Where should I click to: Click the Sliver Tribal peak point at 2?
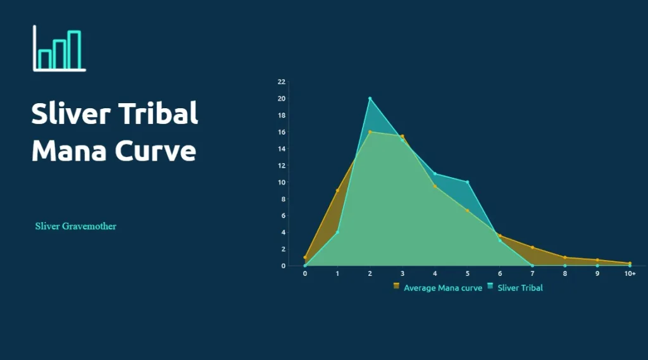(370, 98)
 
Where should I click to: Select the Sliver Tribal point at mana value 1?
(338, 232)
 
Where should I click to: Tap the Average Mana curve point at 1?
(338, 190)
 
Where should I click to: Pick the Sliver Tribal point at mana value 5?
(468, 182)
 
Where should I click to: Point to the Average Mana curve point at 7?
(532, 247)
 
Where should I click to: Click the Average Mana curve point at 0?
(305, 258)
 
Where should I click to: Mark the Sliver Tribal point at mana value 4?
(435, 173)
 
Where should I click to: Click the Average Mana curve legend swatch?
(396, 285)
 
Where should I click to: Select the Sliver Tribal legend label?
(520, 288)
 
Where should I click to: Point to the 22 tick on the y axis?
(282, 82)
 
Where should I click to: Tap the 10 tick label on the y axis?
(282, 182)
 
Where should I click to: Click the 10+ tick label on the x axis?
(630, 273)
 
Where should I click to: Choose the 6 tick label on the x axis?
(500, 273)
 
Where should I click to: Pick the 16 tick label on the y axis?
(282, 132)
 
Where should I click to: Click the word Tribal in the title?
(158, 113)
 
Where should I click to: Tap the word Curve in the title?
(156, 151)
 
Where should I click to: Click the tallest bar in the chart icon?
(75, 50)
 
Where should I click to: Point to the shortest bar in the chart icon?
(45, 59)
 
